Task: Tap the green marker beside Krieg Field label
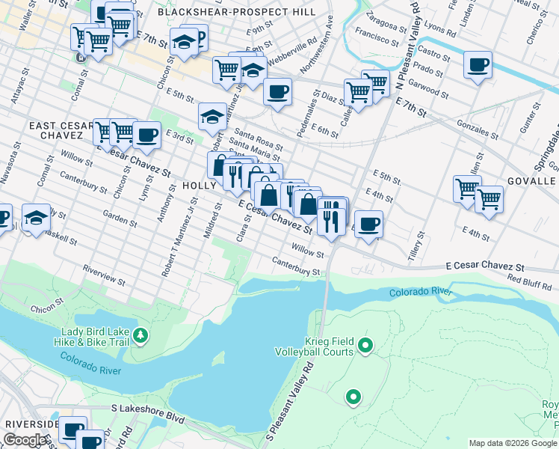[x=365, y=345]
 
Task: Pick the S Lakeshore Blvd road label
[x=147, y=409]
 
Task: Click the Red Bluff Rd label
[x=529, y=282]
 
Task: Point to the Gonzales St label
[x=478, y=128]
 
